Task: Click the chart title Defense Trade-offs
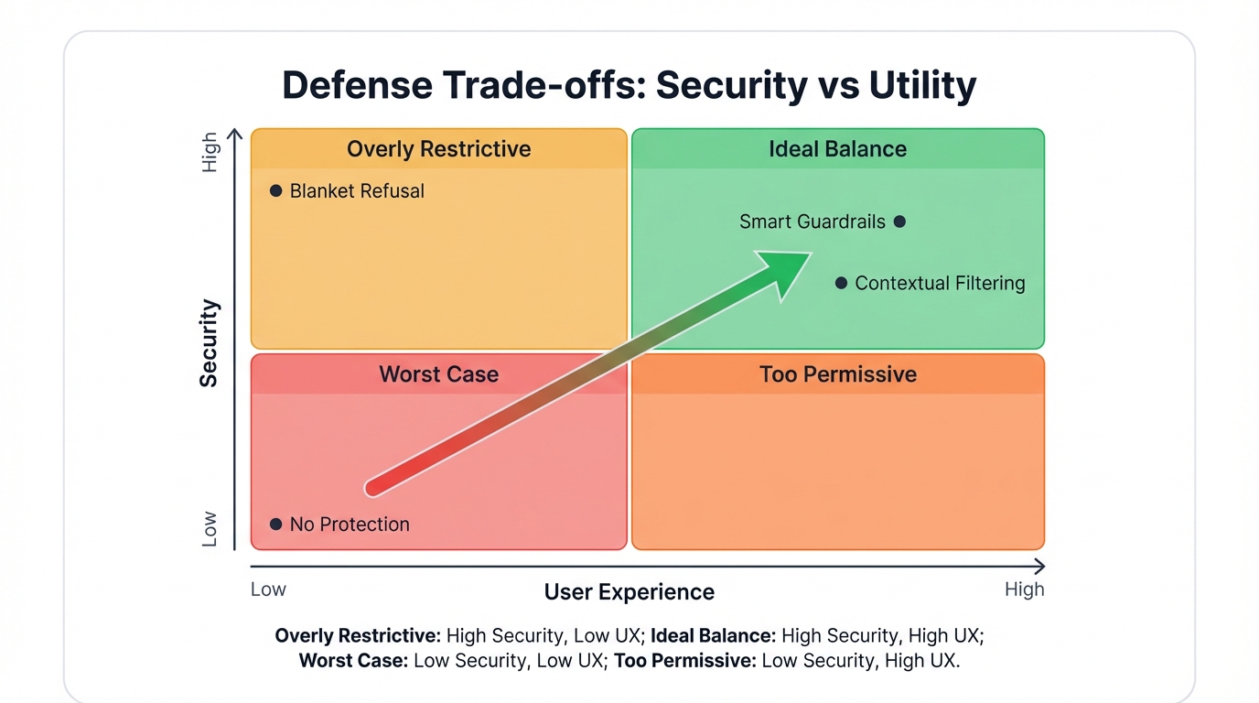629,85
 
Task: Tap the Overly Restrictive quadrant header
438,149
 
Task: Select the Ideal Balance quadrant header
837,149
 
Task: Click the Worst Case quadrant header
438,374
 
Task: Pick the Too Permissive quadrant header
837,374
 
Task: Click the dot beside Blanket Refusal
275,191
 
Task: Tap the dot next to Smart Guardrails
899,222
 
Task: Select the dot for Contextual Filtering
841,284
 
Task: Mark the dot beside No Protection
275,525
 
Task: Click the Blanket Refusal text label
357,191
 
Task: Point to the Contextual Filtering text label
940,284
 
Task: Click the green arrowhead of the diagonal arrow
788,271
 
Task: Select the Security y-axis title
210,342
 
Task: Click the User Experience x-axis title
629,592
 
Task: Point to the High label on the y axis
210,152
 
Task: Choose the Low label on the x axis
268,589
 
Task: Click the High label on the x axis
1024,589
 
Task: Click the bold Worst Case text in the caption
353,661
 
